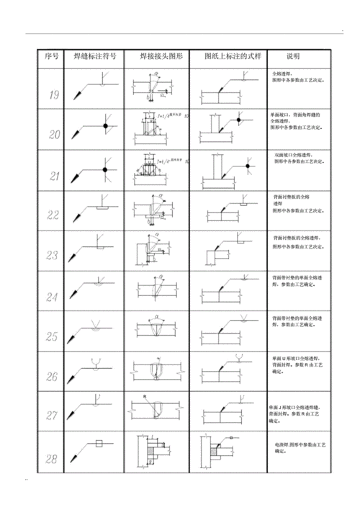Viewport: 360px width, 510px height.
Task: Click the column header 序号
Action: coord(50,57)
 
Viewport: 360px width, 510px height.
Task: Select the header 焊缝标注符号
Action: coord(92,57)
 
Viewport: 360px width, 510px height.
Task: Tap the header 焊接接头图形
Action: coord(156,57)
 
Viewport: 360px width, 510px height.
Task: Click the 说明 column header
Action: coord(293,57)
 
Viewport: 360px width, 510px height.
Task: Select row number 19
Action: coord(53,94)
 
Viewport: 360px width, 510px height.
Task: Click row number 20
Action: coord(53,134)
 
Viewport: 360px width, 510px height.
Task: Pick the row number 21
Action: coord(53,175)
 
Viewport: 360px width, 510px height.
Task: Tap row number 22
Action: coord(52,215)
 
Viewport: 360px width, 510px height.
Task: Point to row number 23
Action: coord(52,255)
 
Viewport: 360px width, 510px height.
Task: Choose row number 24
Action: coord(52,296)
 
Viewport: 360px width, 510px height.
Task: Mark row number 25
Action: coord(52,336)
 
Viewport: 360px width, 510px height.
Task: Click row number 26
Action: coord(52,376)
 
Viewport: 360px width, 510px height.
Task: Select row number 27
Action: coord(52,416)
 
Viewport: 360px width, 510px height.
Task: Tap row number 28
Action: coord(52,457)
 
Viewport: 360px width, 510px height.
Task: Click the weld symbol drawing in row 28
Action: coord(91,451)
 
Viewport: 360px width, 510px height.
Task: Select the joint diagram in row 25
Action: coord(156,330)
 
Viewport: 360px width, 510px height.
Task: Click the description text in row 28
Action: coord(296,450)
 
